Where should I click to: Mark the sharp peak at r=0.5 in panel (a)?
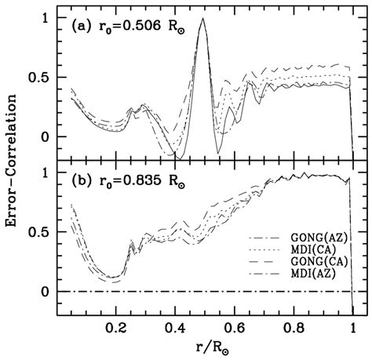pos(203,20)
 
